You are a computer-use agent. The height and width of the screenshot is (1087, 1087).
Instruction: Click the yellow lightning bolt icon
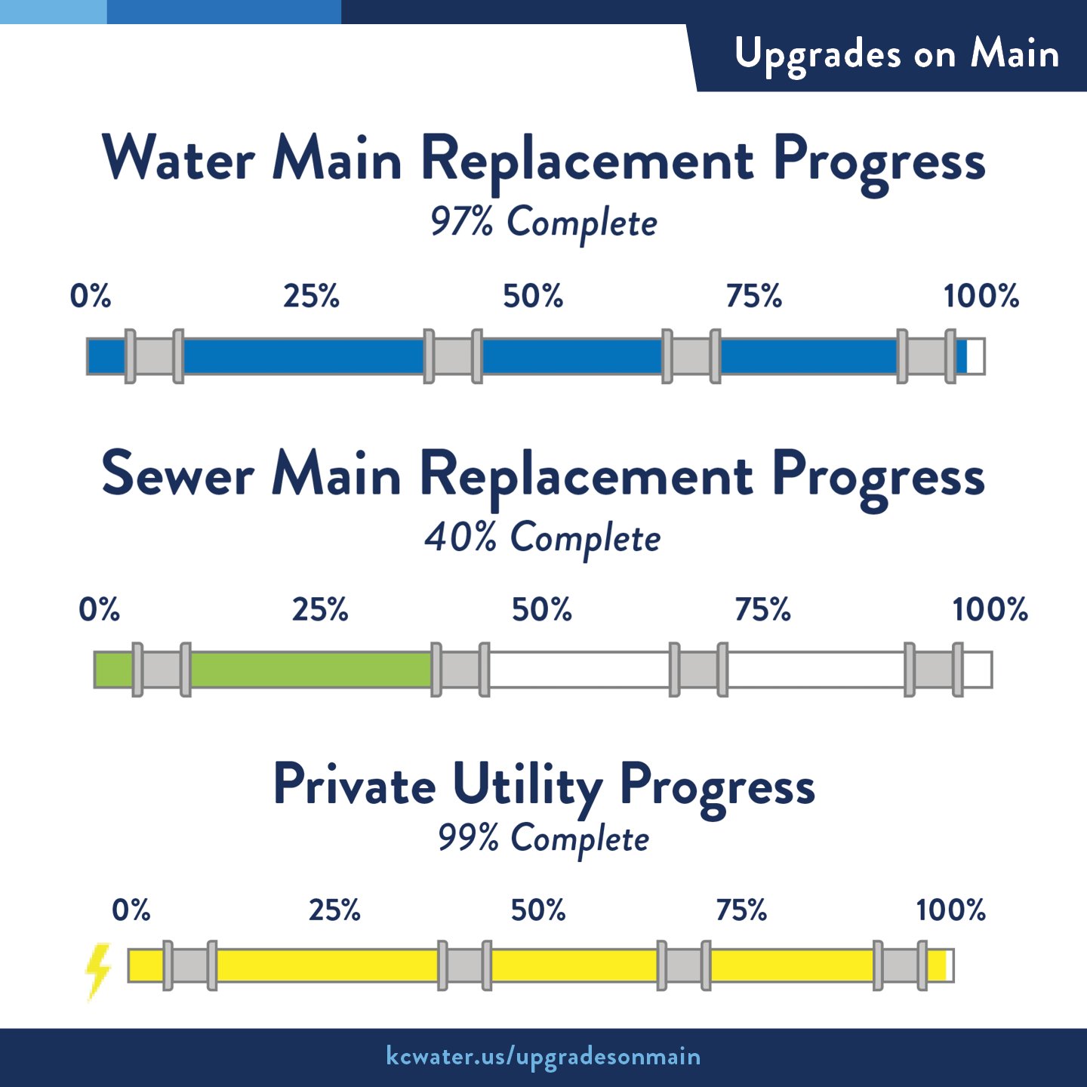(98, 971)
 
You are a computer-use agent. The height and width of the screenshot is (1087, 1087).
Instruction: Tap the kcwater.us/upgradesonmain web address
(543, 1056)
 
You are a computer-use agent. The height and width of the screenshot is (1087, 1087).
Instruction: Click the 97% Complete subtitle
(543, 223)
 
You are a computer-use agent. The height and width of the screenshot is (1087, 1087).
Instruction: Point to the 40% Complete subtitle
(543, 538)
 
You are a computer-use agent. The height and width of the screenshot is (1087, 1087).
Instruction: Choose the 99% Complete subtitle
(543, 839)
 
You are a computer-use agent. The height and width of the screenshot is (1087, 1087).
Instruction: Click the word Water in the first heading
(179, 159)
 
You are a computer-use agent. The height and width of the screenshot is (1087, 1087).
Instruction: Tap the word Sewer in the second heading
(177, 474)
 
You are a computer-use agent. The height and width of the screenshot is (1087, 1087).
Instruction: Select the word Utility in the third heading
(527, 786)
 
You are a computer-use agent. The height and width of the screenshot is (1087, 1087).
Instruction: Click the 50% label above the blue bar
(533, 296)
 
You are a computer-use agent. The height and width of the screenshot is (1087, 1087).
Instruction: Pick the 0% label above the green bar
(99, 609)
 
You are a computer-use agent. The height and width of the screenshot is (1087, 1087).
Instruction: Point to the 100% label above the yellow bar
(950, 910)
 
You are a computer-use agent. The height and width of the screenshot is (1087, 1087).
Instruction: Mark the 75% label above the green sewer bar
(762, 609)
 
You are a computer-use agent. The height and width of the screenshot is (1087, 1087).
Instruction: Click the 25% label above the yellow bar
(334, 910)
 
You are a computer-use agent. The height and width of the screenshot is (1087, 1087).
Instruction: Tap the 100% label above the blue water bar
(981, 296)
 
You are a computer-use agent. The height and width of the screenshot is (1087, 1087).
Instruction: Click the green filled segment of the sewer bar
(309, 670)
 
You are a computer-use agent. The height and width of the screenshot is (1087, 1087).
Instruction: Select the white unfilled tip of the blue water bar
(975, 356)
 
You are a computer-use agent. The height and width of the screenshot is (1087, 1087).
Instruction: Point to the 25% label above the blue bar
(311, 296)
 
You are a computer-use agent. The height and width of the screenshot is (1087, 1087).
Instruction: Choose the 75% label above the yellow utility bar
(741, 910)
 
